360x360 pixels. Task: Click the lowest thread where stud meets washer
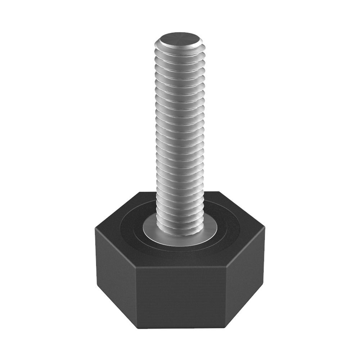tap(180, 230)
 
